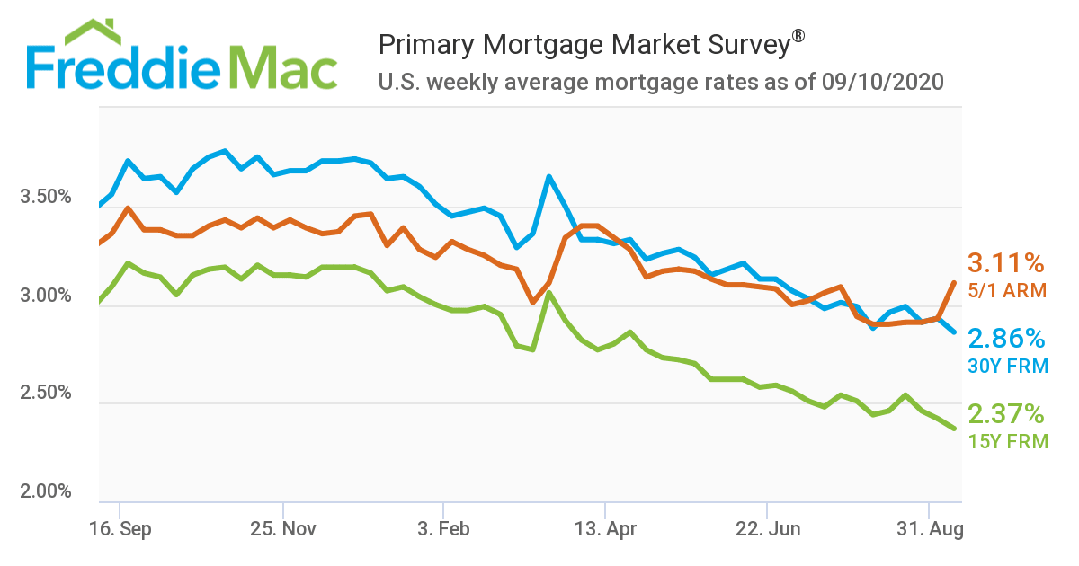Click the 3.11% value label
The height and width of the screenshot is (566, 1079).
coord(1006,263)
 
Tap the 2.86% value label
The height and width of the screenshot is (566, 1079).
coord(1006,339)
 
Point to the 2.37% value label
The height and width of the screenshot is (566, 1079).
coord(1006,414)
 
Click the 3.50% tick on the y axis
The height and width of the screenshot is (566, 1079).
coord(45,197)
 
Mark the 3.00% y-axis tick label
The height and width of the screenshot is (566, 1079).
coord(45,296)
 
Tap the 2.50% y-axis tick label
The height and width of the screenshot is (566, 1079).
coord(45,394)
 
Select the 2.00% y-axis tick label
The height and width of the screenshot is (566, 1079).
coord(45,491)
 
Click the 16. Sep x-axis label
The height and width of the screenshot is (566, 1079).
coord(122,528)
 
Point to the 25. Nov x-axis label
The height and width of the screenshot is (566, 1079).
coord(282,528)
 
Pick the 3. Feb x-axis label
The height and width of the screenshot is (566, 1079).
coord(444,528)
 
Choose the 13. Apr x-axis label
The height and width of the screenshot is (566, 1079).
coord(605,528)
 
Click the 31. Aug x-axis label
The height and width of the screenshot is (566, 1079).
coord(928,528)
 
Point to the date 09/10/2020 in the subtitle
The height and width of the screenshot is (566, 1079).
coord(882,83)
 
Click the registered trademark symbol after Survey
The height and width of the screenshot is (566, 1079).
coord(798,36)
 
